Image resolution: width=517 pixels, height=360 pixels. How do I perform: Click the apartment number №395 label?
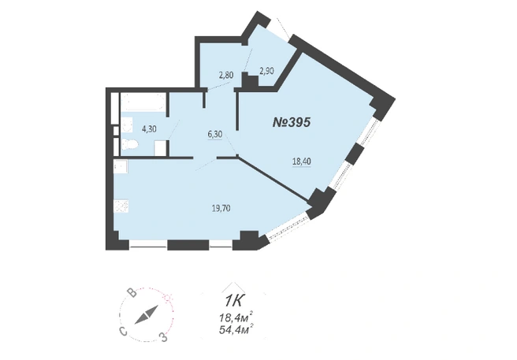point(292,123)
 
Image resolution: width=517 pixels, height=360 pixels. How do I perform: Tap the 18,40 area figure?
point(302,161)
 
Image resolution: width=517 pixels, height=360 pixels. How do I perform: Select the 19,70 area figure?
point(221,208)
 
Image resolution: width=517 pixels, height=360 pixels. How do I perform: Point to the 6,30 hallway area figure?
point(215,134)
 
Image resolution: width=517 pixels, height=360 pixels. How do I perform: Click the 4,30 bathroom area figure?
point(149,129)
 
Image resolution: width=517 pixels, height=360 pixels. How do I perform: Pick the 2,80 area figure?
point(226,75)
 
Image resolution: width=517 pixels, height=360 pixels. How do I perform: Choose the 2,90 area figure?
point(266,71)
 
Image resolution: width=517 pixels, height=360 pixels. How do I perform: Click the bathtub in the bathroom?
point(143,102)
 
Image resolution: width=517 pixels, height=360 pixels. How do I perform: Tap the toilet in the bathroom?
point(129,144)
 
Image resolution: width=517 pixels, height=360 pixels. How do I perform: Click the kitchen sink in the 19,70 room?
point(121,166)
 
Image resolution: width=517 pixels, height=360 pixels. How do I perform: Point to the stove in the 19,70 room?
point(121,206)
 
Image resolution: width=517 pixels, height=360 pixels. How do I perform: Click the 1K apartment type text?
point(234,301)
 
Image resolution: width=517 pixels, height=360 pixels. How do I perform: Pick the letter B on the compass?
point(132,293)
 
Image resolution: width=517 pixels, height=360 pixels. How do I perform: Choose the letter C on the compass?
point(123,332)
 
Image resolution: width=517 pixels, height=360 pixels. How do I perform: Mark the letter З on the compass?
point(163,337)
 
